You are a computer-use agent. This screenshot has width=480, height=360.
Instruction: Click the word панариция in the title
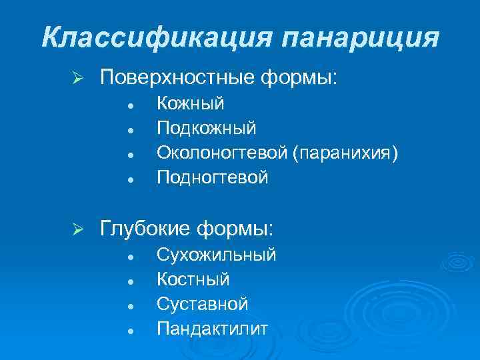tap(361, 37)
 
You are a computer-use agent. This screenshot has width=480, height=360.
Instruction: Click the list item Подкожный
tap(206, 128)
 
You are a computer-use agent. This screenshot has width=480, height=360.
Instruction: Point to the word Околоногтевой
tap(221, 153)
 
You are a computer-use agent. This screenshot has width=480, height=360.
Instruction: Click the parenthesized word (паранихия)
tap(345, 153)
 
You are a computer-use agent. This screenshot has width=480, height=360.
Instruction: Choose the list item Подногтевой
tap(212, 177)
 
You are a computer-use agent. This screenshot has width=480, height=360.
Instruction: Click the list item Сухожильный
tap(216, 255)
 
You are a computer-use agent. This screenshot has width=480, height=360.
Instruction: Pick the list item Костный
tap(193, 279)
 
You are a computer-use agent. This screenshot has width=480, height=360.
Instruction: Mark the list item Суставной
tap(202, 304)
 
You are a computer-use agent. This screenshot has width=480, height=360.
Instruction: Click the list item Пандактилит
tap(212, 329)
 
